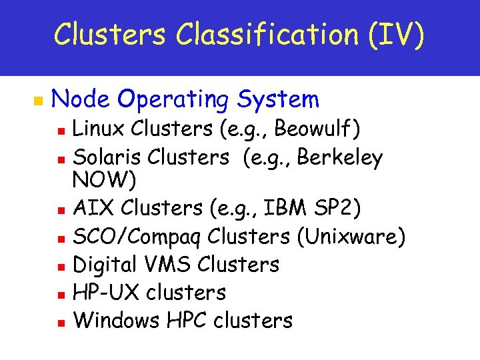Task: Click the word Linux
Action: [99, 127]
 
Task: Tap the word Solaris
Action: [108, 157]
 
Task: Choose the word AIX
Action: [91, 209]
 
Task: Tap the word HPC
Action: [186, 320]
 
